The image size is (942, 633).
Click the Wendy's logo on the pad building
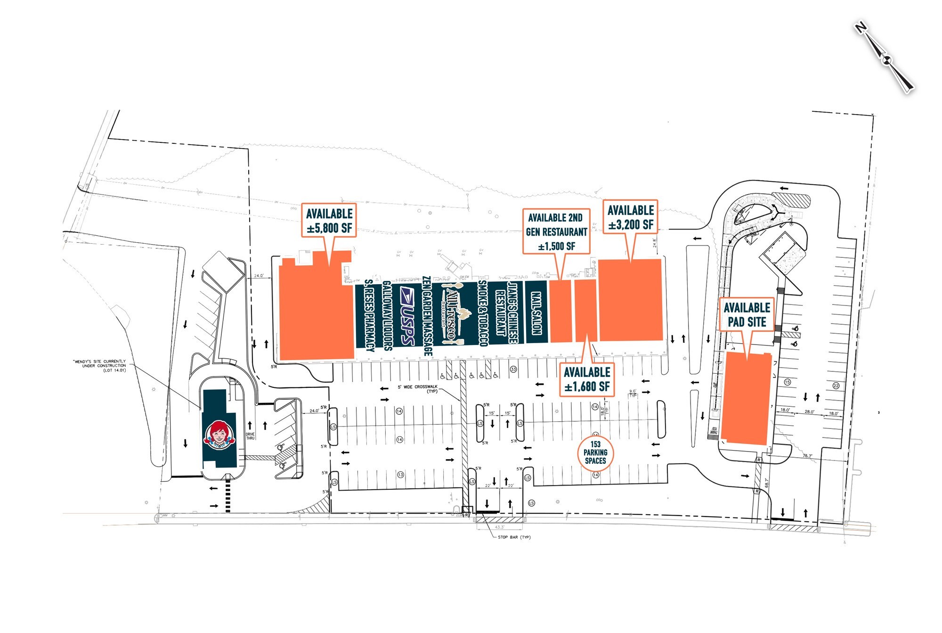[x=219, y=435]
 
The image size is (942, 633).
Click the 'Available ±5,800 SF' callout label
[x=329, y=221]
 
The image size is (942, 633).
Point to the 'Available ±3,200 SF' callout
[x=631, y=217]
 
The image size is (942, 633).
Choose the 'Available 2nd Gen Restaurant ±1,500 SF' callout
[x=556, y=231]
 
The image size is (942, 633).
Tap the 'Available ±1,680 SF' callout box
[x=587, y=379]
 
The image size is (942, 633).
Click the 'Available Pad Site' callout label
[x=747, y=315]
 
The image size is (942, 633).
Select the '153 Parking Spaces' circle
[x=595, y=452]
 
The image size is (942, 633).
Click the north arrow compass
[x=885, y=58]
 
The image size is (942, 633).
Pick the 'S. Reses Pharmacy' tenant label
[x=370, y=315]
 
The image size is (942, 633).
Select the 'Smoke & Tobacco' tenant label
[x=482, y=313]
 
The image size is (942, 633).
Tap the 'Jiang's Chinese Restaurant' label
[x=506, y=313]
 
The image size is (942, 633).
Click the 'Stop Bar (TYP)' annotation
[x=514, y=537]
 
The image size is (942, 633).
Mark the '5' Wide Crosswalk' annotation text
[x=418, y=389]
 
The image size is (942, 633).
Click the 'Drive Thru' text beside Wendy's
[x=250, y=436]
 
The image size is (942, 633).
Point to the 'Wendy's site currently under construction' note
[x=100, y=366]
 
